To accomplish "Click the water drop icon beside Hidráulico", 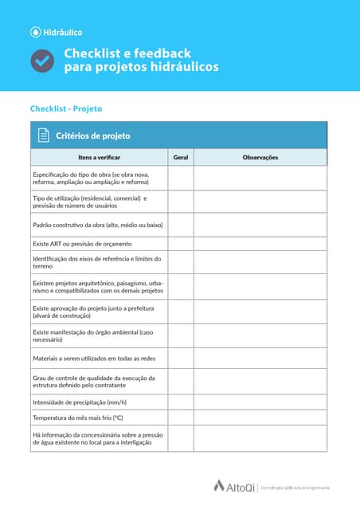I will click(35, 33).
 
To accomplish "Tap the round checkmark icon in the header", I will click(42, 61).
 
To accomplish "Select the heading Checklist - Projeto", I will click(66, 108).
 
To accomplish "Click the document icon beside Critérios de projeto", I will click(44, 135).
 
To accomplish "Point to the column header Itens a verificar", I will click(100, 158).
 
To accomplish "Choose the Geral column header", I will click(181, 158).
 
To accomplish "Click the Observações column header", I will click(260, 158).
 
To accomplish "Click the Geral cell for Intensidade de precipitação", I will click(181, 402).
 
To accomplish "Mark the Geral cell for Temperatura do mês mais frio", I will click(181, 418).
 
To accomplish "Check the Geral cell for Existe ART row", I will click(181, 244).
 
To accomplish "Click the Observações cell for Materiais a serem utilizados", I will click(260, 359).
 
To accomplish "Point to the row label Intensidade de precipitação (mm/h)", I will click(80, 402).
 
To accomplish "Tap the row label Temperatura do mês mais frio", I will click(77, 418).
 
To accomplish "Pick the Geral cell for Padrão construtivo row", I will click(181, 225).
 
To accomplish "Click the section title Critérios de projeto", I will click(93, 135).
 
